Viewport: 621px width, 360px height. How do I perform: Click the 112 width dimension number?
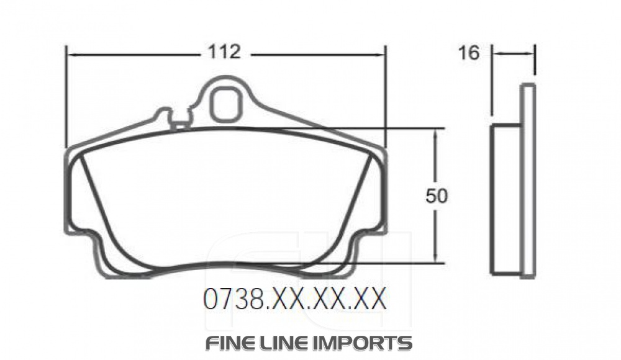224,52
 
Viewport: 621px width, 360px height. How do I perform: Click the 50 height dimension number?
437,196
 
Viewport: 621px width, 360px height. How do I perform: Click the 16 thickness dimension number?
469,53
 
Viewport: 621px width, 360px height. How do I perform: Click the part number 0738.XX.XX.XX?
294,300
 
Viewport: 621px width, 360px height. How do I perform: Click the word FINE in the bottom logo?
232,343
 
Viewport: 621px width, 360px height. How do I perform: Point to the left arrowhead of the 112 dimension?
70,54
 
